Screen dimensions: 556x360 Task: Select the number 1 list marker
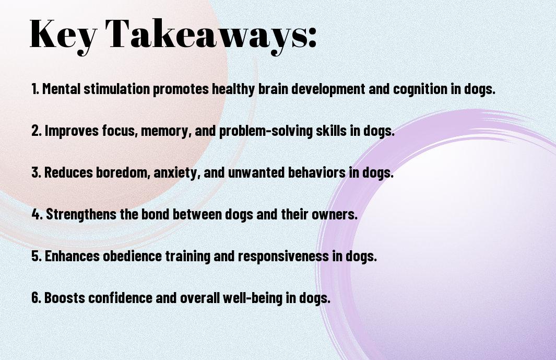(35, 89)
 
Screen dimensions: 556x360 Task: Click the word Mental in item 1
(62, 89)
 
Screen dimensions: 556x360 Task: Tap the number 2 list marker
(36, 131)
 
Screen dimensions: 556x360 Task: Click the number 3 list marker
(36, 172)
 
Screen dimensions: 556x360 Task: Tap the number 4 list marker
(37, 214)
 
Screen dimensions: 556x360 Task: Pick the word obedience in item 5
(132, 256)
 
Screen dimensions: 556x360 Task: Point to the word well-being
(253, 298)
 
